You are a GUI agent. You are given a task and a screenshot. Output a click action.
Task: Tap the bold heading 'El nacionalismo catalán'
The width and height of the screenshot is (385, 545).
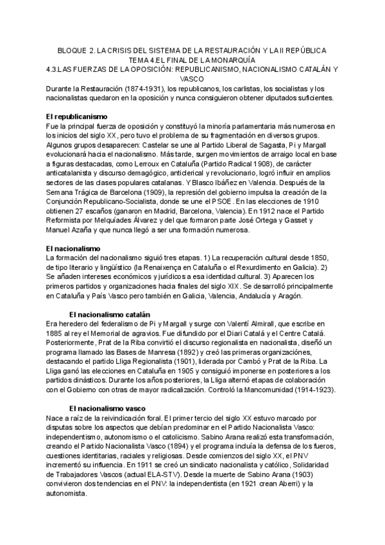tap(108, 314)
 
